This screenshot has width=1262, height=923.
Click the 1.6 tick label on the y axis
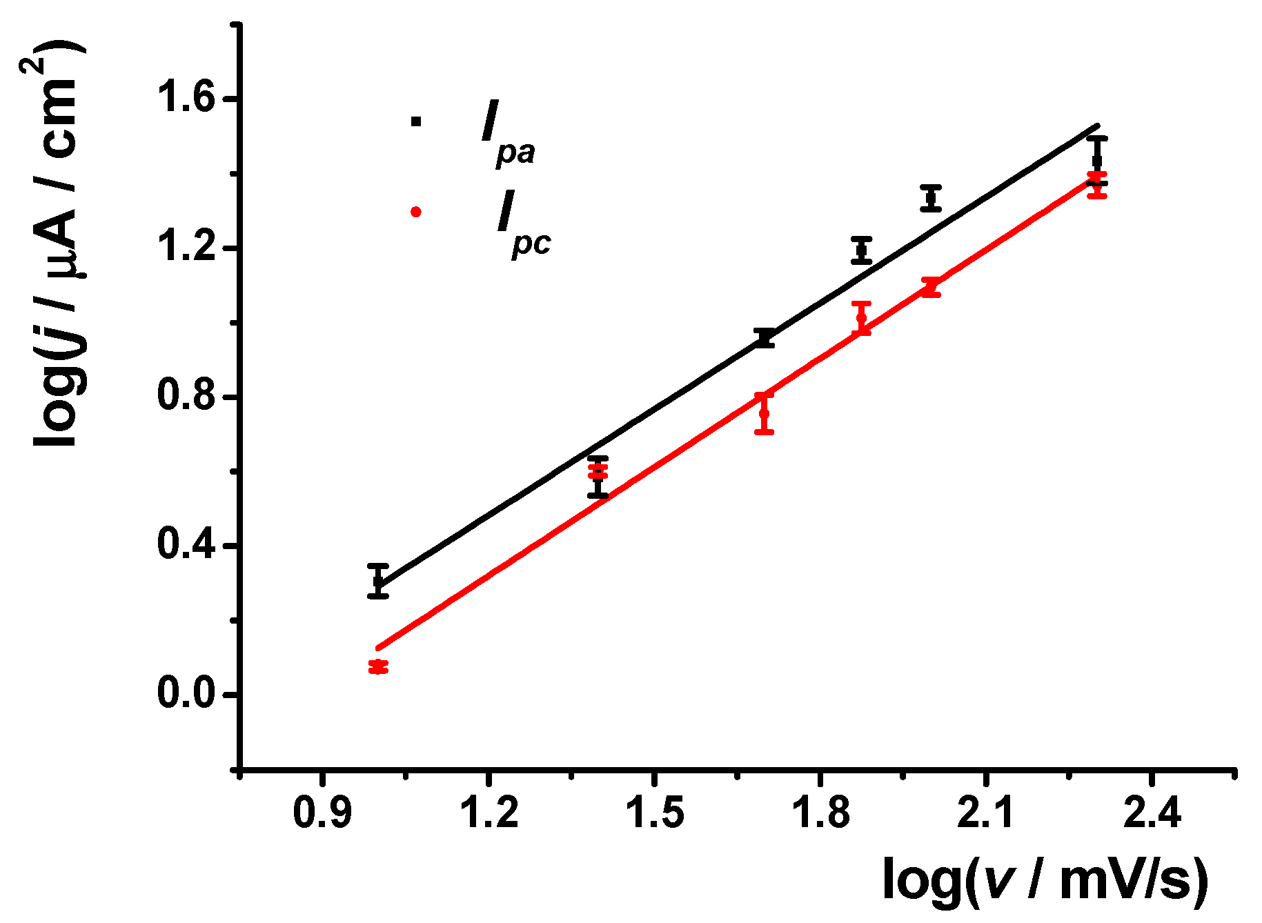coord(186,99)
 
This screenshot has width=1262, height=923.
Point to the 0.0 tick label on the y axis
coord(186,694)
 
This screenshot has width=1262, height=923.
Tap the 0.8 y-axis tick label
coord(186,397)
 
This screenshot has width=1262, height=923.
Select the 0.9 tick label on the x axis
coord(322,813)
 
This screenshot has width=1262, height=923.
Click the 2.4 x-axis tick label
coord(1152,813)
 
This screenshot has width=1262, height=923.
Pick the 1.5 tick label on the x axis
coord(654,813)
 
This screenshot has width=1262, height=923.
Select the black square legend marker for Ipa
coord(415,121)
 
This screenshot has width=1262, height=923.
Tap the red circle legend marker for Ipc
coord(415,212)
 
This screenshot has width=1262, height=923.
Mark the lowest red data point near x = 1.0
coord(377,666)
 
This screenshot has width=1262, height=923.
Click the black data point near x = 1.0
coord(377,581)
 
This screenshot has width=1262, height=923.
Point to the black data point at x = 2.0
coord(931,199)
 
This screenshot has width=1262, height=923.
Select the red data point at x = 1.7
coord(764,413)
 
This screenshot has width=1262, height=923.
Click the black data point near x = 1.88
coord(861,250)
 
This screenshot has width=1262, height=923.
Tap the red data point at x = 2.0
coord(931,287)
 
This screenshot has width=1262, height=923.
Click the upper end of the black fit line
coord(1097,126)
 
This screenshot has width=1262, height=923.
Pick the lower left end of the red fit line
coord(377,648)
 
